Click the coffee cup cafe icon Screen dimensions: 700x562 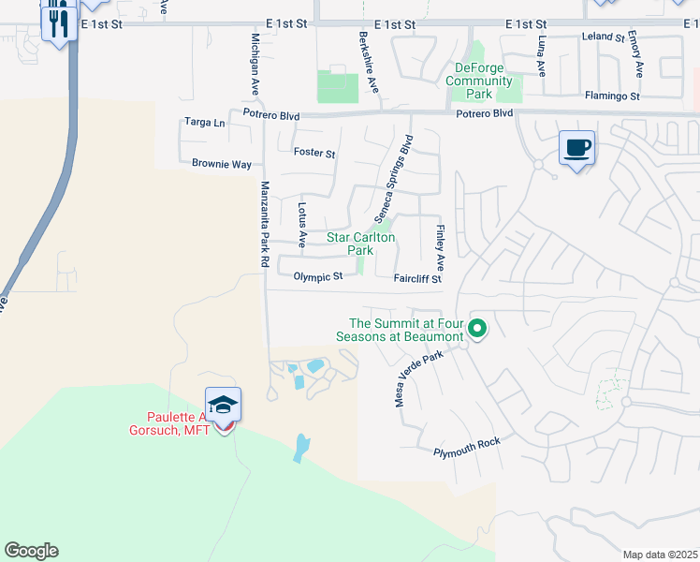(576, 147)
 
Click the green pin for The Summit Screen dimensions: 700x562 (477, 328)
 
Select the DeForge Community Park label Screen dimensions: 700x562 (479, 81)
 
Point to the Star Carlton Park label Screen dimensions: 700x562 (360, 244)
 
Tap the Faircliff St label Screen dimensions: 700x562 (416, 278)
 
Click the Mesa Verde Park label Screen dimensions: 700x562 (414, 372)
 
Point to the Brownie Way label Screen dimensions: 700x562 (222, 164)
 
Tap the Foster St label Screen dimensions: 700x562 (314, 153)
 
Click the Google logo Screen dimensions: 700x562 (31, 551)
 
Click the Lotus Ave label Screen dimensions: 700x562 (301, 225)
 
